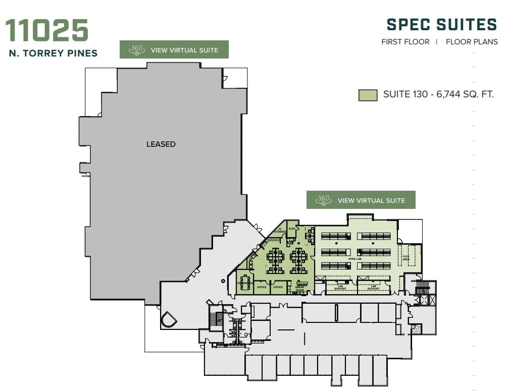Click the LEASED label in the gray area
(161, 144)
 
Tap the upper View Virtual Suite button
(174, 49)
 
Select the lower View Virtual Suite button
(361, 200)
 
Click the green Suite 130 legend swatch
(368, 95)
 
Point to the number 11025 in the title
(47, 31)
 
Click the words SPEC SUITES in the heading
(442, 25)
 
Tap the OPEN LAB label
(356, 259)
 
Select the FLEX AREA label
(405, 257)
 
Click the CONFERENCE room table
(246, 283)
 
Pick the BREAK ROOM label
(300, 289)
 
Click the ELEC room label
(292, 229)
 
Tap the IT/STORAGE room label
(280, 231)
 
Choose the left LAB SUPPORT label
(340, 287)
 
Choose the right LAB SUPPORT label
(373, 287)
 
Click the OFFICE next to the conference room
(262, 287)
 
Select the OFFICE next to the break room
(278, 287)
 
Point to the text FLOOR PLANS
(472, 42)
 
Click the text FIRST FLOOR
(405, 42)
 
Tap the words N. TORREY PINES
(53, 53)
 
